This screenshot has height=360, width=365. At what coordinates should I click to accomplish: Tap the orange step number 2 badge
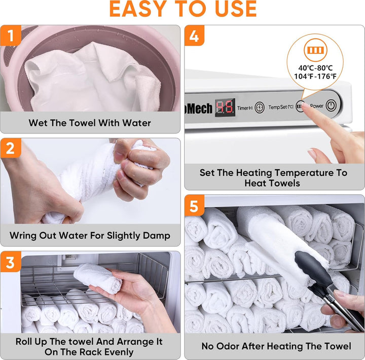[x=10, y=149]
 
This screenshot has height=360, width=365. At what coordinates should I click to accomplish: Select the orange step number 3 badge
[x=10, y=262]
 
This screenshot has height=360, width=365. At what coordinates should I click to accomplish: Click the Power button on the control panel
[x=331, y=106]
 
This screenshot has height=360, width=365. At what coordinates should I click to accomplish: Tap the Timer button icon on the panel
[x=260, y=107]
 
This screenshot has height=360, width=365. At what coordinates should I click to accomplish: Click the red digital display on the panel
[x=225, y=107]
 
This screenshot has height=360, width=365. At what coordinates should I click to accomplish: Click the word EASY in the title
[x=136, y=10]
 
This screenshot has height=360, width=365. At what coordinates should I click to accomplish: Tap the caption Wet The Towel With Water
[x=90, y=123]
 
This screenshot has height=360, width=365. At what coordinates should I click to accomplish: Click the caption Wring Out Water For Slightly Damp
[x=90, y=236]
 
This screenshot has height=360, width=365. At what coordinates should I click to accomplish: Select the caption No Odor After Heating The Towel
[x=276, y=346]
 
